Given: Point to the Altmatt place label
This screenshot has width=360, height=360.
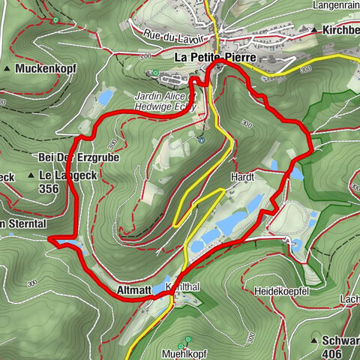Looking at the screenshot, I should point(134,288).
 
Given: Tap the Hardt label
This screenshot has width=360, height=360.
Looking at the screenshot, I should point(244,178).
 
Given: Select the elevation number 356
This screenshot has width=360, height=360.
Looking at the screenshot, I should point(49,190).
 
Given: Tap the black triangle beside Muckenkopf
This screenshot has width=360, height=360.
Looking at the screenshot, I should point(7,69).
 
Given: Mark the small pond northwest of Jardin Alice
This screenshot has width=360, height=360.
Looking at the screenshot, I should point(105,97).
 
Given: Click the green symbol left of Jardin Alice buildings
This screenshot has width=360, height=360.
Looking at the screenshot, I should point(154,73).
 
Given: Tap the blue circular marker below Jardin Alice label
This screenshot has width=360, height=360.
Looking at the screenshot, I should point(201,139).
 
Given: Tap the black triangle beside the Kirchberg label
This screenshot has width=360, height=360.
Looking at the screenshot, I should point(313,30).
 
